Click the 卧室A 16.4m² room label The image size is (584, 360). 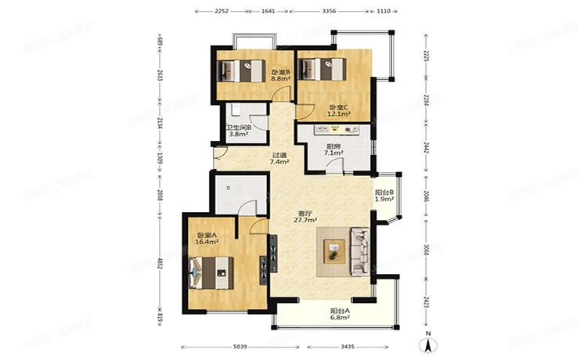207,239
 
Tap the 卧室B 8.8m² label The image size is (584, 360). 281,75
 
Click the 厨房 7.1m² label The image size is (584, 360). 332,149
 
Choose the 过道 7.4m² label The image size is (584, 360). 280,159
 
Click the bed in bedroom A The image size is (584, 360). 211,274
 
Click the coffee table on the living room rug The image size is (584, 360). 334,252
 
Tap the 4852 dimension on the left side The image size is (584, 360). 159,263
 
